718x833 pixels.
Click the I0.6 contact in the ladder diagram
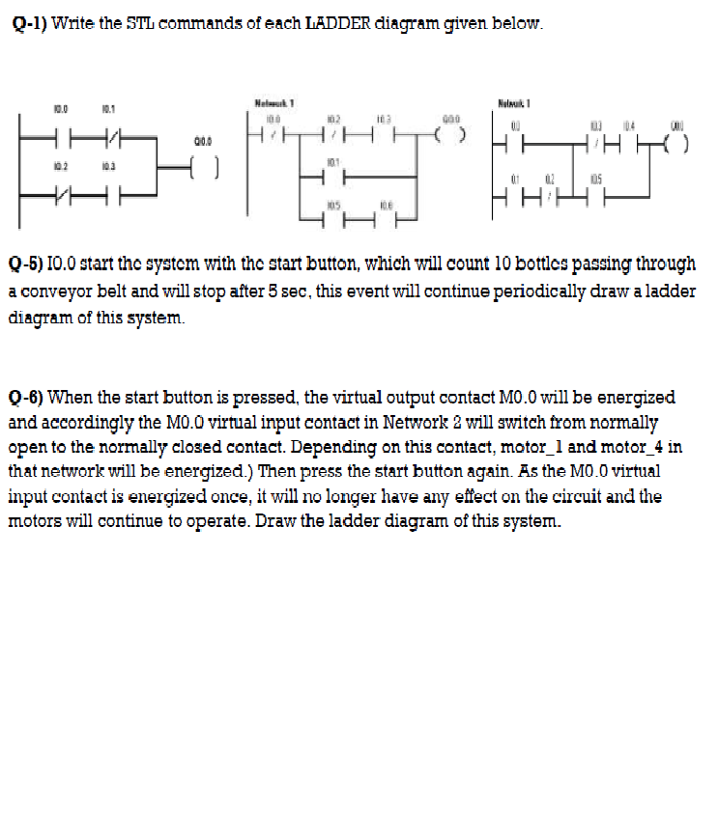pos(386,215)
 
